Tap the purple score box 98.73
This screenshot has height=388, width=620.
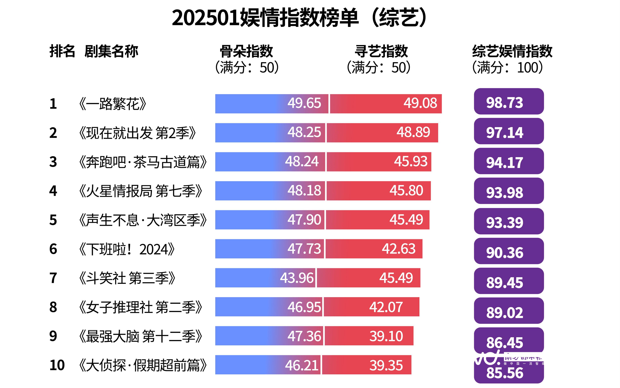(x=509, y=102)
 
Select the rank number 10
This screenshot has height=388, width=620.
(x=57, y=365)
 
